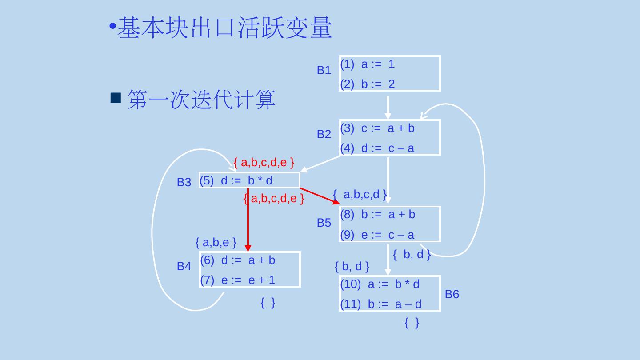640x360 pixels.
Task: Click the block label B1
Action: [324, 70]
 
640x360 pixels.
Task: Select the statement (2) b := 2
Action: [368, 84]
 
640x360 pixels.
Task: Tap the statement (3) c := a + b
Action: [377, 128]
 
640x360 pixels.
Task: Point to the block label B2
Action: [324, 134]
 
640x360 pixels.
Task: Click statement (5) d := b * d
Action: [236, 180]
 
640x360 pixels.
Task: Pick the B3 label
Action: [184, 182]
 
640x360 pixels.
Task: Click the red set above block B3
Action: [264, 163]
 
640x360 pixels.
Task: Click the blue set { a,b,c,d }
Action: [360, 194]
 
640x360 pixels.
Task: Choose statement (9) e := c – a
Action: [377, 235]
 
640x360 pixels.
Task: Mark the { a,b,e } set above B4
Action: [216, 242]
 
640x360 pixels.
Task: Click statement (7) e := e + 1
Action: [238, 280]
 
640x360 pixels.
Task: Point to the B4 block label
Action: [184, 266]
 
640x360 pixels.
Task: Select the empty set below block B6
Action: [412, 323]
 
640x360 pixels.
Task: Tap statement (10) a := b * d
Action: [380, 284]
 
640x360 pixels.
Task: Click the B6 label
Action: [452, 294]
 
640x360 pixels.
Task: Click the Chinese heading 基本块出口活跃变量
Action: [224, 28]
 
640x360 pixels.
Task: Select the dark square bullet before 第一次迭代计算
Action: [116, 98]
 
